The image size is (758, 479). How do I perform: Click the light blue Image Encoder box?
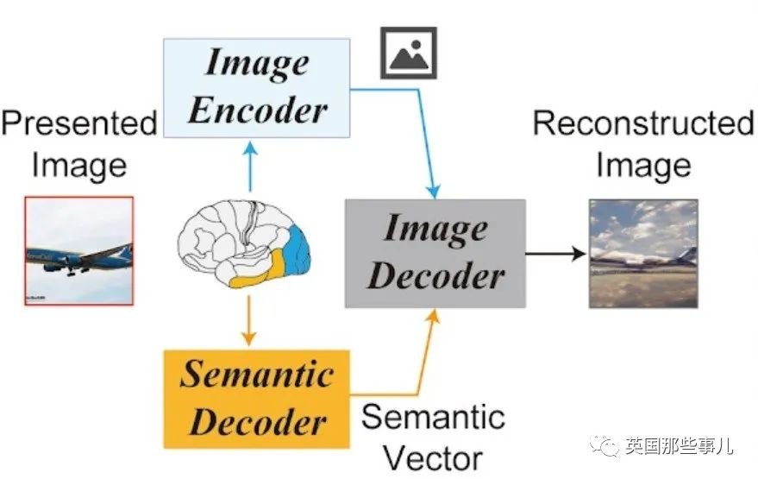click(x=257, y=88)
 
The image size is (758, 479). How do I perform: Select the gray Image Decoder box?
click(x=435, y=254)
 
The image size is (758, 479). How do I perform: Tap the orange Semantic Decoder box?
click(x=257, y=400)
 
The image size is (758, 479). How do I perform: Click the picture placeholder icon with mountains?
click(x=409, y=53)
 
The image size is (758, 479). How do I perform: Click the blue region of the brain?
click(x=298, y=252)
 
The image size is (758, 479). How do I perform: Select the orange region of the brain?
click(x=261, y=272)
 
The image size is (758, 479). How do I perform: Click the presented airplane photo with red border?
click(x=79, y=250)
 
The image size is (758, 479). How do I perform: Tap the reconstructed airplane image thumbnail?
click(x=643, y=254)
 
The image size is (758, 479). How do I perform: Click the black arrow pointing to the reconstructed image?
click(x=556, y=253)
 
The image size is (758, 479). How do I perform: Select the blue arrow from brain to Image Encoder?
click(x=250, y=166)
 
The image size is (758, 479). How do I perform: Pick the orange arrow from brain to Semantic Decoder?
click(x=248, y=320)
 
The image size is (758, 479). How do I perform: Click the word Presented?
click(x=79, y=123)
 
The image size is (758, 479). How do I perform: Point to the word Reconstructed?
click(x=643, y=123)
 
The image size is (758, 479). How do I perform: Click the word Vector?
click(x=434, y=458)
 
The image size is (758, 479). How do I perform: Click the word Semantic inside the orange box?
click(x=257, y=374)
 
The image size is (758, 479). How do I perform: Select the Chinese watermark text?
click(x=680, y=445)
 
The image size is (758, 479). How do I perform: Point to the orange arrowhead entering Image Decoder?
click(x=434, y=317)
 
